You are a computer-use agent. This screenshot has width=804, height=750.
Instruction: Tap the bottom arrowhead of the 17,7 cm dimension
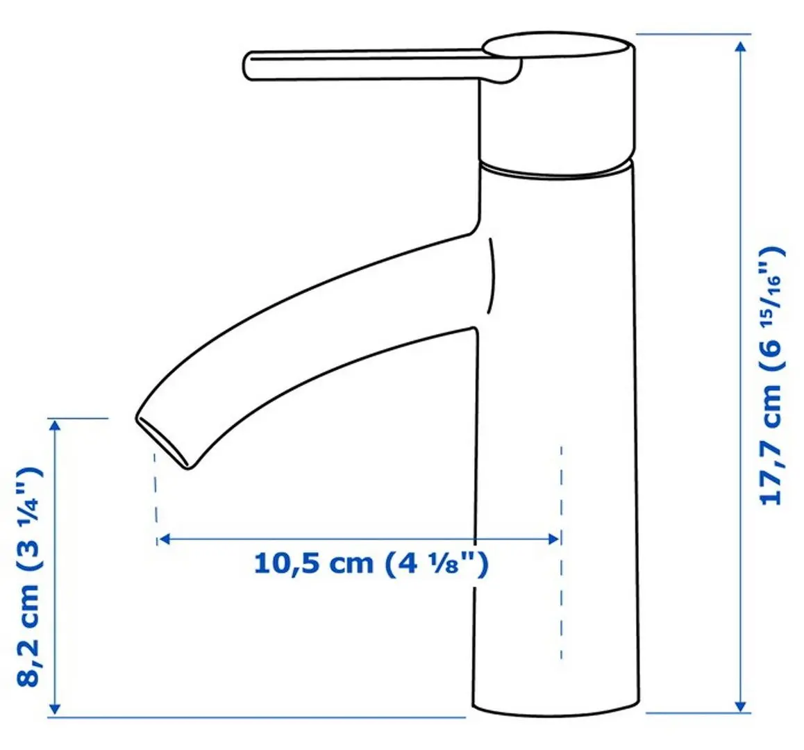click(x=741, y=705)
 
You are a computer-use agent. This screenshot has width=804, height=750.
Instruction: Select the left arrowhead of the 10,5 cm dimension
click(x=164, y=539)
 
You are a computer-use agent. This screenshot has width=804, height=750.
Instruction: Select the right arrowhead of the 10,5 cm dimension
click(x=554, y=539)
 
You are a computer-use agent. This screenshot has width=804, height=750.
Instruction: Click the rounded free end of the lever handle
click(x=250, y=65)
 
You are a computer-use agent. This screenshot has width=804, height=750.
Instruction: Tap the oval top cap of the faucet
click(x=558, y=49)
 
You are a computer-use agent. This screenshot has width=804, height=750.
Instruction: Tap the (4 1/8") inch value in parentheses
click(x=435, y=562)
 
